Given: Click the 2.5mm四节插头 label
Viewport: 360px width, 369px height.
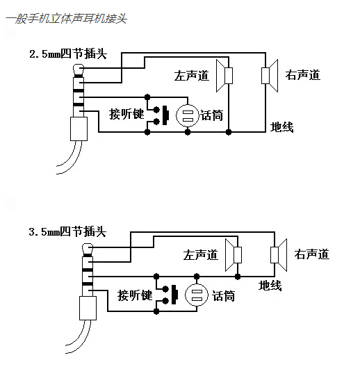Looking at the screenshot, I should [68, 54].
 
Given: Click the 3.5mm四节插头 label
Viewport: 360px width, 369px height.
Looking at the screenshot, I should [68, 231].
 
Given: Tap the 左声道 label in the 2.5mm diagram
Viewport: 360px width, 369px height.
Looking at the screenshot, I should [192, 75].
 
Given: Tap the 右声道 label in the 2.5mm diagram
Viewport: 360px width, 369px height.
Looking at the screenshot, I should [303, 75].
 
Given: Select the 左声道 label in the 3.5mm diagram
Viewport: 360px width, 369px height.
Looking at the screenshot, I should [201, 254].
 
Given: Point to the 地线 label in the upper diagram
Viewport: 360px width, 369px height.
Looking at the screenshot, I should [281, 127].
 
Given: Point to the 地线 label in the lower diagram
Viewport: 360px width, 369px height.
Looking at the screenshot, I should [270, 285].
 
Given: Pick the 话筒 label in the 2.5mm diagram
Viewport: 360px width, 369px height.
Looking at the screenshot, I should [212, 115].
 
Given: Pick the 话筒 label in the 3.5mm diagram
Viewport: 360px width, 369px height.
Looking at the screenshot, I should [223, 295].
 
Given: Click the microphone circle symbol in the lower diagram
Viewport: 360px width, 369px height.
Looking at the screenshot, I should [197, 295].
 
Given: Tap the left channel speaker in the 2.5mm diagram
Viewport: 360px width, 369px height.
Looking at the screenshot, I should [224, 75].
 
